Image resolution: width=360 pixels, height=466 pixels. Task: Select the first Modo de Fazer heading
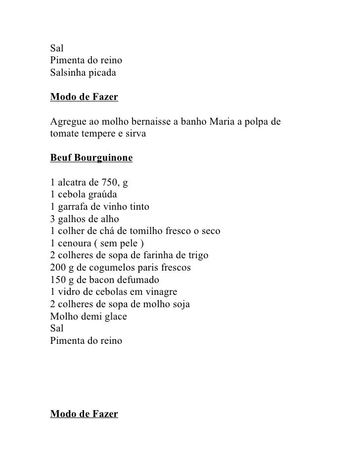click(84, 97)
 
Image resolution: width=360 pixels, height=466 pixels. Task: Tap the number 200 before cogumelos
click(58, 267)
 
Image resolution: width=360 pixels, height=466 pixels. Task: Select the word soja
click(180, 303)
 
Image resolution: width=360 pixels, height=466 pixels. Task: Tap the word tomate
click(65, 134)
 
